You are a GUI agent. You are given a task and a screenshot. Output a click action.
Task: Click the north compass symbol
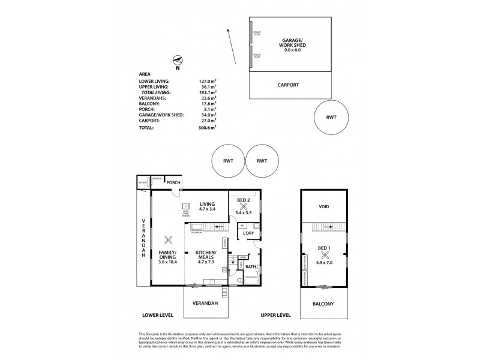[176, 59]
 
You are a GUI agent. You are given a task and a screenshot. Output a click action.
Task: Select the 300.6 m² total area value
[207, 128]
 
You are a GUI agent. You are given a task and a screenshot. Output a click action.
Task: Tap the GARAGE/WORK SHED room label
[291, 46]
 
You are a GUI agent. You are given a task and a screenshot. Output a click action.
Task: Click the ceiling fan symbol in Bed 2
[244, 205]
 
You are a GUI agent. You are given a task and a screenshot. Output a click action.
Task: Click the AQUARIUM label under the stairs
[199, 233]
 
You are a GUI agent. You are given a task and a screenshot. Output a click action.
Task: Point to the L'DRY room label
[249, 233]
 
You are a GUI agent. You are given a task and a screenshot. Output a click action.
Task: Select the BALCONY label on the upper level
[323, 304]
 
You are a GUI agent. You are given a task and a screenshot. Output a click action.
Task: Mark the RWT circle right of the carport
[332, 118]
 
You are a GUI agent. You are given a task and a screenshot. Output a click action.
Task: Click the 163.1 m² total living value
[207, 93]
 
